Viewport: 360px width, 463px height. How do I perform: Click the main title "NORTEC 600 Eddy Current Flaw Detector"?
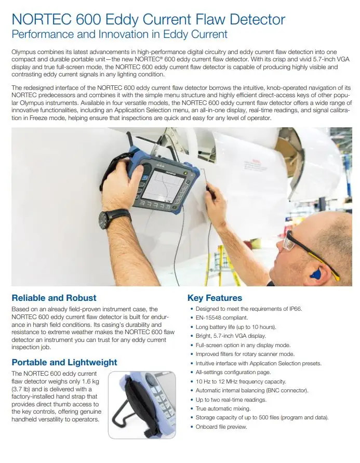[148, 20]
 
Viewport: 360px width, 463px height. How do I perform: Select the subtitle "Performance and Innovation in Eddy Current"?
[119, 34]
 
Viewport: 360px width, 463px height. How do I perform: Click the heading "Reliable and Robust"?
[54, 298]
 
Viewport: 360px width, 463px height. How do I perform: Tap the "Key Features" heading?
[215, 298]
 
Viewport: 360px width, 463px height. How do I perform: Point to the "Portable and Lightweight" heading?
[64, 362]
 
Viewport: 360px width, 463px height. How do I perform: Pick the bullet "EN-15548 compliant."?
[222, 318]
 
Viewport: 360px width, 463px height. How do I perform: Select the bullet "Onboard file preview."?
[221, 427]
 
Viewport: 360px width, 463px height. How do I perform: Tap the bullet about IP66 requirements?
[249, 309]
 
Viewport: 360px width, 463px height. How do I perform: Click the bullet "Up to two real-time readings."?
[231, 400]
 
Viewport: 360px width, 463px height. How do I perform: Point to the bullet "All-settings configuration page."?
[234, 372]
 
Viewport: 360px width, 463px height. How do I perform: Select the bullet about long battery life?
[236, 327]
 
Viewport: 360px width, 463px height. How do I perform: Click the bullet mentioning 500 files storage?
[262, 417]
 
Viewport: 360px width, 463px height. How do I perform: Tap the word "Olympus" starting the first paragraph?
[24, 52]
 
